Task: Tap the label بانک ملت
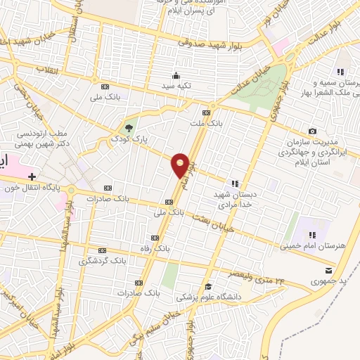pyautogui.click(x=205, y=123)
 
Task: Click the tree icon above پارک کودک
pyautogui.click(x=128, y=127)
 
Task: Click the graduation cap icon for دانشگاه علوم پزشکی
pyautogui.click(x=208, y=285)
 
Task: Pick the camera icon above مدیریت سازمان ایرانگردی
pyautogui.click(x=312, y=131)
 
